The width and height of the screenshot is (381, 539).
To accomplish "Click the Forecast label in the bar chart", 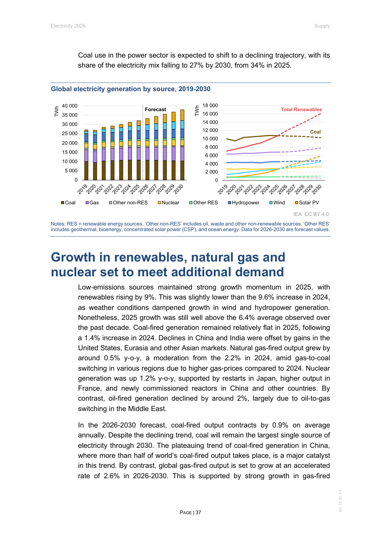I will click(155, 110).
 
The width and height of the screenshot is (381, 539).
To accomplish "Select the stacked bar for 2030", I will click(182, 146).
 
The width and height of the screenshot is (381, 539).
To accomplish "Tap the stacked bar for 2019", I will click(86, 156).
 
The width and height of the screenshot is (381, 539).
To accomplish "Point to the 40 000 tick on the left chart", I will click(70, 106).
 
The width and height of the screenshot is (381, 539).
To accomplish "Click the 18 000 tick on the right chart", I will click(210, 106).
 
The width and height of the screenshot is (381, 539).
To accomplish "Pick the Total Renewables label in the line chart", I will click(301, 110).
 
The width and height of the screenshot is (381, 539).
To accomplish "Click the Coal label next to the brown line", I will click(315, 132).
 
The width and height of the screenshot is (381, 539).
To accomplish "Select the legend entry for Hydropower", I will click(245, 203).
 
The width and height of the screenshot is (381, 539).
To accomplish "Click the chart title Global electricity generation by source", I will click(130, 89).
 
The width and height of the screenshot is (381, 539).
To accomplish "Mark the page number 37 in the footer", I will click(198, 513).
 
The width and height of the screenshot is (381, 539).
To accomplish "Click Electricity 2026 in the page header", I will click(68, 26).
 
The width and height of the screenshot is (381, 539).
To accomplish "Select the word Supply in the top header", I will click(322, 26).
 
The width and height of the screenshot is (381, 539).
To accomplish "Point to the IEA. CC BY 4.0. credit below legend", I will click(311, 214).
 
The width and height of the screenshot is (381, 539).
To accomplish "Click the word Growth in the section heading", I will click(73, 257).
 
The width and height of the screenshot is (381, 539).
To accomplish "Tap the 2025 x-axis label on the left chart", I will click(135, 188).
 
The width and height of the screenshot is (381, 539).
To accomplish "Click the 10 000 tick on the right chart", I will click(210, 139).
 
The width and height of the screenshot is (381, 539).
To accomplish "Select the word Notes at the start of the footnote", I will click(58, 224).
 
